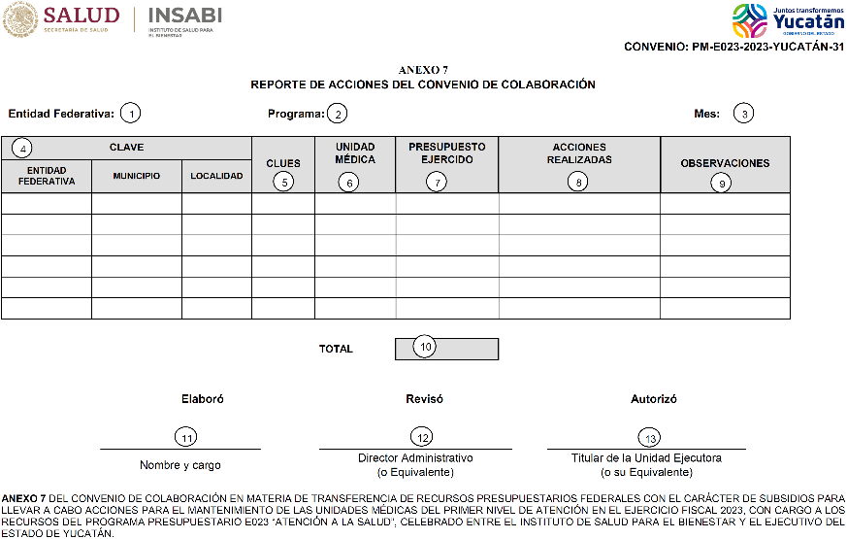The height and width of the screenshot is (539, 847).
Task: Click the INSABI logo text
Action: pyautogui.click(x=184, y=17)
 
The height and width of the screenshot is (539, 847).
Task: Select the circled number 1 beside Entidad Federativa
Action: pyautogui.click(x=130, y=114)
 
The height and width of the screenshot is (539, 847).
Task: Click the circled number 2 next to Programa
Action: pyautogui.click(x=337, y=114)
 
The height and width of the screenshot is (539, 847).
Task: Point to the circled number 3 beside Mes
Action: pyautogui.click(x=743, y=114)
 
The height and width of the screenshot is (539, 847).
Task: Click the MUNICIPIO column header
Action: pyautogui.click(x=136, y=176)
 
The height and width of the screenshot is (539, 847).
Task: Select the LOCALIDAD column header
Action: pyautogui.click(x=216, y=176)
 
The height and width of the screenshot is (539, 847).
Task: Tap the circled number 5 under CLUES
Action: pyautogui.click(x=283, y=181)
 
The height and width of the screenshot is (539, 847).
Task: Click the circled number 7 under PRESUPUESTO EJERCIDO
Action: pyautogui.click(x=439, y=181)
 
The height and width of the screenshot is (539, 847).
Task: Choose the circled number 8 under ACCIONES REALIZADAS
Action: pyautogui.click(x=578, y=181)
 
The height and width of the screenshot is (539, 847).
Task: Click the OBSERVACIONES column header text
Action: pyautogui.click(x=725, y=163)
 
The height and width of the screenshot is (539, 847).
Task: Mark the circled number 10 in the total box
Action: pyautogui.click(x=424, y=347)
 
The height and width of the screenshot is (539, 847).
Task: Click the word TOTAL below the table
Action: pyautogui.click(x=336, y=349)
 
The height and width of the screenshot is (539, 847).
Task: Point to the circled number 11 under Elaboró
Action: pyautogui.click(x=182, y=437)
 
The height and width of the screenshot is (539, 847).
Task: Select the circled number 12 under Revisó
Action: pyautogui.click(x=420, y=437)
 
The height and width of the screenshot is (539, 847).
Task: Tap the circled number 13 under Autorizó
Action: pyautogui.click(x=648, y=437)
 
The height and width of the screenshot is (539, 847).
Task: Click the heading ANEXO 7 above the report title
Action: pyautogui.click(x=423, y=71)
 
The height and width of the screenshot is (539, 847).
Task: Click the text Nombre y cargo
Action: pyautogui.click(x=180, y=465)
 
